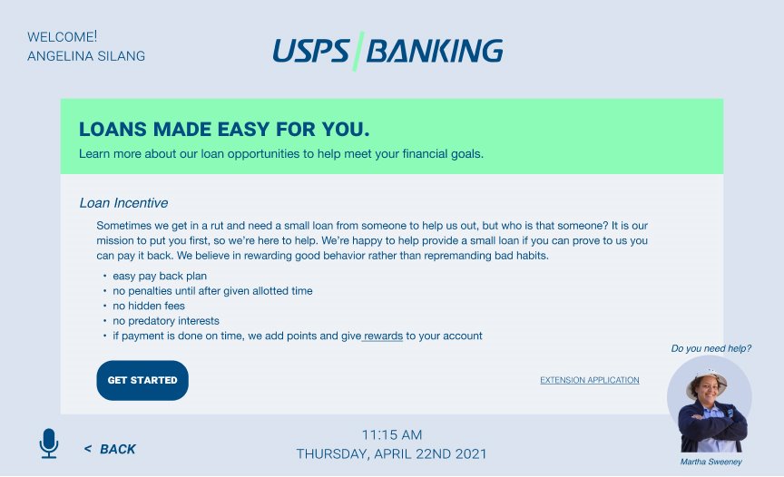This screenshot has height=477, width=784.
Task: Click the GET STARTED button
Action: tap(142, 380)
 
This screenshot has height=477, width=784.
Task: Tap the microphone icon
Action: tap(49, 443)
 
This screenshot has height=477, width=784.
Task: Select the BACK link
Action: tap(110, 449)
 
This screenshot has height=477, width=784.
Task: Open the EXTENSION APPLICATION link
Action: tap(590, 380)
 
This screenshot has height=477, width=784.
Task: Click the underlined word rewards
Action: tap(383, 336)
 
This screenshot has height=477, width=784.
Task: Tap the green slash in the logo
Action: tap(358, 51)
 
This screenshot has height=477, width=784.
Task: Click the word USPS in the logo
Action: tap(310, 51)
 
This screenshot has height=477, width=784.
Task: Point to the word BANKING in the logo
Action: tap(435, 51)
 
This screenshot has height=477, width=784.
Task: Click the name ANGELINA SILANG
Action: tap(86, 56)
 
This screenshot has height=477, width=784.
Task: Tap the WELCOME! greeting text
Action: tap(62, 36)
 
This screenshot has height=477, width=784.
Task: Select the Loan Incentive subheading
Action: tap(123, 203)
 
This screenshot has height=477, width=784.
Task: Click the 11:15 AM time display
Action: tap(392, 434)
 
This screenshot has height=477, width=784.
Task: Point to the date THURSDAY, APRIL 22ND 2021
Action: tap(391, 453)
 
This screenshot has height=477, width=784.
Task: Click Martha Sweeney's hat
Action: tap(707, 380)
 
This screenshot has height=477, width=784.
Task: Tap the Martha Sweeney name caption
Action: tap(711, 462)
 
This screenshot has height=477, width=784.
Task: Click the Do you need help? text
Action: tap(711, 348)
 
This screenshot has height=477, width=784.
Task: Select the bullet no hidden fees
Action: tap(149, 306)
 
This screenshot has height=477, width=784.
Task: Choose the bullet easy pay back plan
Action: tap(160, 276)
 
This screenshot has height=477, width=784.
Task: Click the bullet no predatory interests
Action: tap(166, 321)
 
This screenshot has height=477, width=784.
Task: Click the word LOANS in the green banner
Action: tap(113, 130)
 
